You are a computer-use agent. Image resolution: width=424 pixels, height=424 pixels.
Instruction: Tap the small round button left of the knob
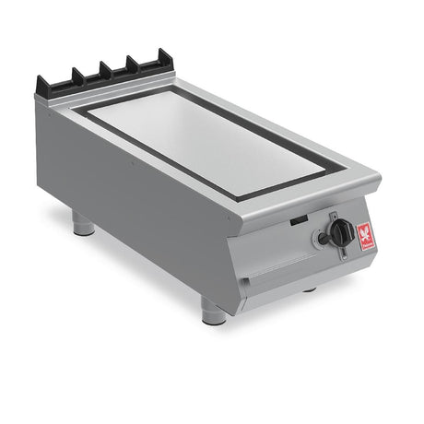pos(323,240)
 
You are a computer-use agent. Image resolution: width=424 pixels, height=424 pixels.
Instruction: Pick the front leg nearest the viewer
pos(213,312)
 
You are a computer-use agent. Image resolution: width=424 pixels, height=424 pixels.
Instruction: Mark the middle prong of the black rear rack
pos(105,69)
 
